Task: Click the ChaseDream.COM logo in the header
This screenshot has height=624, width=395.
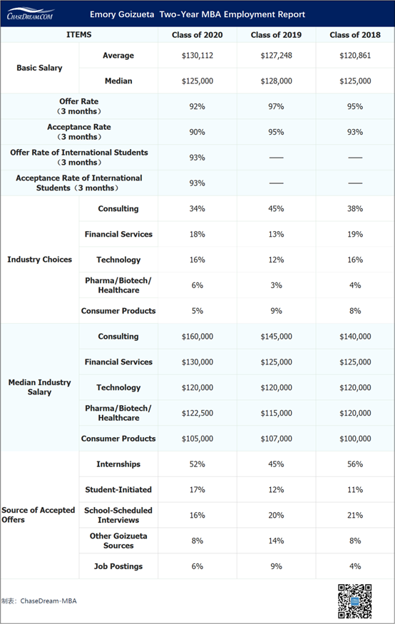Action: coord(31,14)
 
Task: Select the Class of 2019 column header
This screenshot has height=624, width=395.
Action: coord(276,35)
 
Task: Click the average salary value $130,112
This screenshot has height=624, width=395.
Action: coord(197,56)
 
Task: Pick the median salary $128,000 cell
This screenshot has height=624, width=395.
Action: coord(276,81)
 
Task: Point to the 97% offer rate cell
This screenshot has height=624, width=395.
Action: coord(276,107)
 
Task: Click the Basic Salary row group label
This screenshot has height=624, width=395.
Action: coord(39,68)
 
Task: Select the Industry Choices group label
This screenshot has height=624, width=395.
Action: coord(39,260)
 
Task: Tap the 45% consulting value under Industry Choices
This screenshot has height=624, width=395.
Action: coord(276,209)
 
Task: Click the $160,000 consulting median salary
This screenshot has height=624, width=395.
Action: coord(197,337)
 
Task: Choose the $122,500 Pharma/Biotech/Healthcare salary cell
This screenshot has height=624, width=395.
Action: coord(197,413)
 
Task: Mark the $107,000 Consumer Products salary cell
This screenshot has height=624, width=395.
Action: coord(276,439)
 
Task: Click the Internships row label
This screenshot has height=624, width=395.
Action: coord(118,464)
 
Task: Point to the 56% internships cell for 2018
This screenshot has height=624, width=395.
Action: coord(354,464)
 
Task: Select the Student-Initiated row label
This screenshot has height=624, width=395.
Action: coord(118,490)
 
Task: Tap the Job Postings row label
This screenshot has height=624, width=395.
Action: coord(118,566)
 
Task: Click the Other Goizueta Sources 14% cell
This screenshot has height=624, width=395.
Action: coord(276,541)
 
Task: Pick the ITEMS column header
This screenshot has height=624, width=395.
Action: coord(78,35)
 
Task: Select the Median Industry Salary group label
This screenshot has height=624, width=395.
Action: coord(39,387)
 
